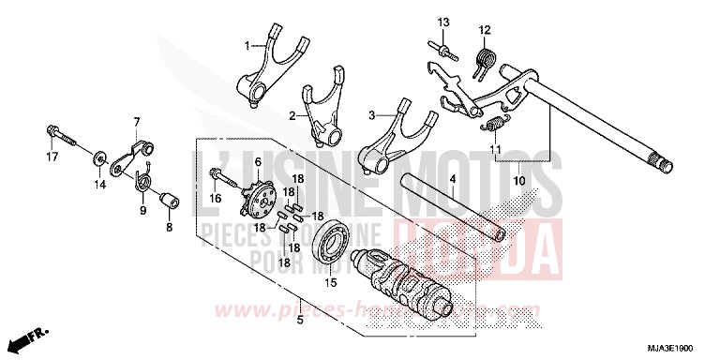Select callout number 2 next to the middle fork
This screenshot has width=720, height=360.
[292, 115]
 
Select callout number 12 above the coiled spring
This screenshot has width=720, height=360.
[485, 30]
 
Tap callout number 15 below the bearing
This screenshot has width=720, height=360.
[329, 282]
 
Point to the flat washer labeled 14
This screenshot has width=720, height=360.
[98, 153]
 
